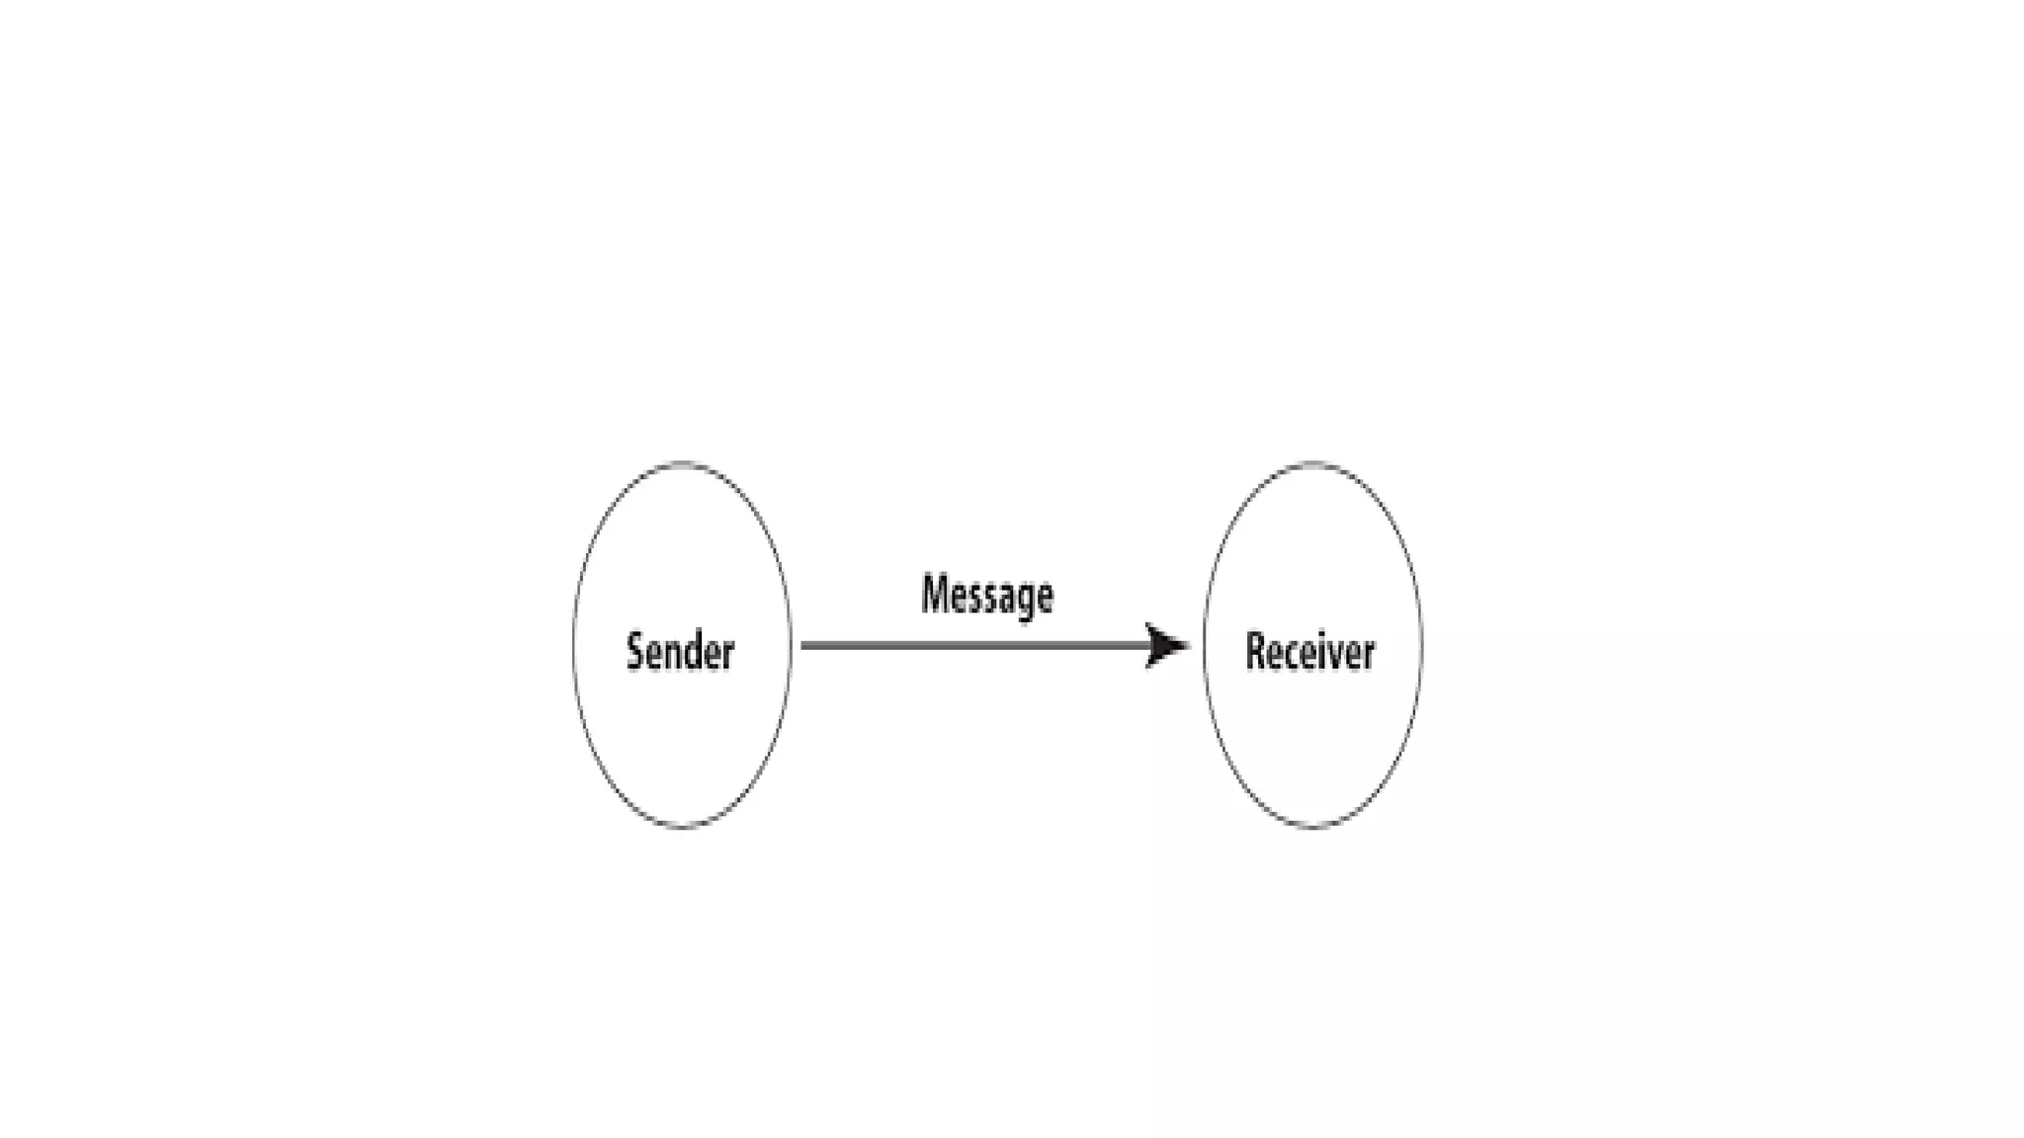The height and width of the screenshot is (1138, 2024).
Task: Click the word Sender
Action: click(680, 652)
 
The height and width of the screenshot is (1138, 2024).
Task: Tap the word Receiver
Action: click(1309, 652)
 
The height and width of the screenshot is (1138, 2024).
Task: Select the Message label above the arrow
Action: click(986, 596)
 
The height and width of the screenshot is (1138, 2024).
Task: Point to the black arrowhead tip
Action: click(1188, 646)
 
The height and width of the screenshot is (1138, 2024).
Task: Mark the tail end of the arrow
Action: click(802, 646)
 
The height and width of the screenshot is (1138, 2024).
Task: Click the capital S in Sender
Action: click(636, 652)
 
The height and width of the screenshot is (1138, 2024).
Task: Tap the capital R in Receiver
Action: click(1255, 652)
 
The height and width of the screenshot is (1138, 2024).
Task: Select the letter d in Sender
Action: click(697, 652)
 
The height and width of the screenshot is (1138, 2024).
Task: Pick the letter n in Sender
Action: click(677, 655)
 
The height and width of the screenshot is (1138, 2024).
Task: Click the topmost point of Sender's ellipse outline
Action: click(682, 462)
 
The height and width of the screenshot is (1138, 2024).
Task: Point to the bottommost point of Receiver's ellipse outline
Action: click(1313, 828)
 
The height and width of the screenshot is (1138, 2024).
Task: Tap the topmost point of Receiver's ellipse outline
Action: click(1313, 462)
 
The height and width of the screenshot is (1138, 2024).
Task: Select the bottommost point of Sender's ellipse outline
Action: click(682, 828)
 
